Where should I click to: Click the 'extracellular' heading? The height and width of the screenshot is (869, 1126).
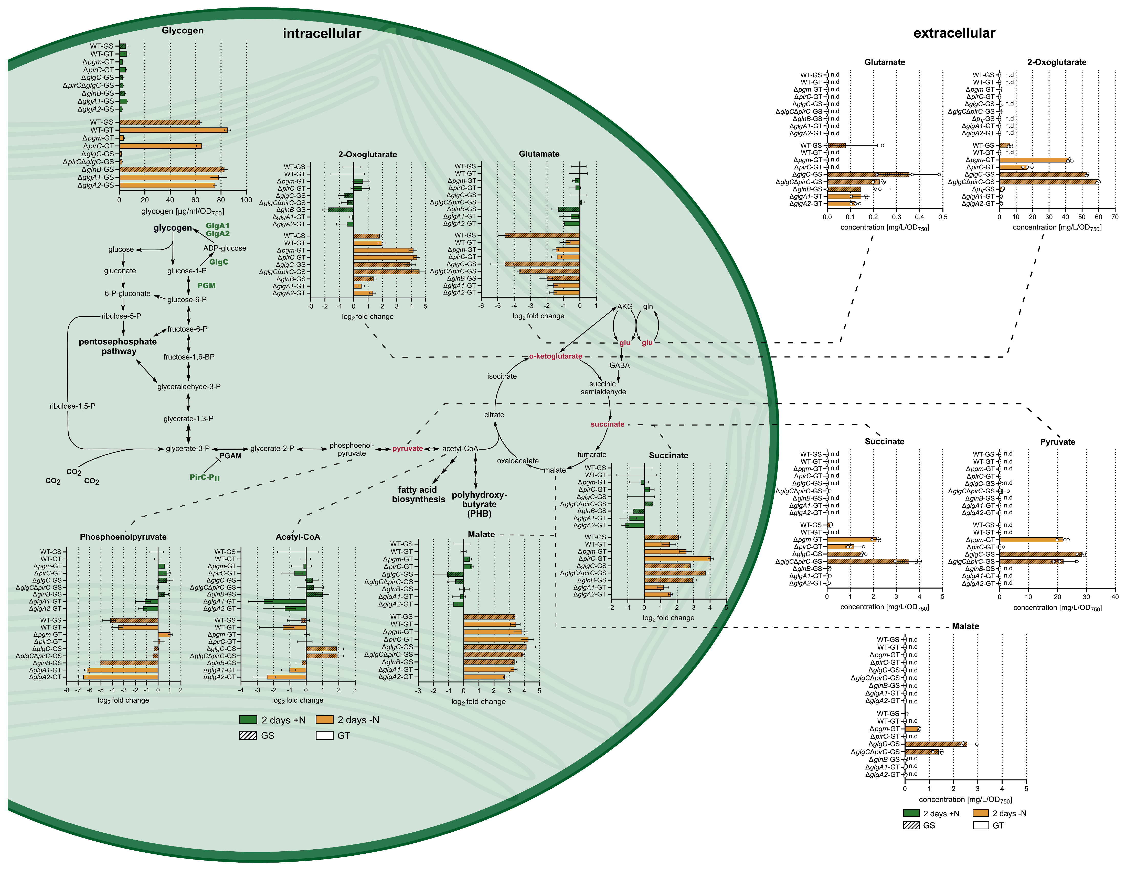(x=954, y=33)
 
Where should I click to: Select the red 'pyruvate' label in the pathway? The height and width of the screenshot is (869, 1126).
(x=407, y=448)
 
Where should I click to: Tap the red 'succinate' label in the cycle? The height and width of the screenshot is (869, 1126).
(x=607, y=424)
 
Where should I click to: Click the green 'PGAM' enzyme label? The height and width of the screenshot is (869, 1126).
(x=230, y=456)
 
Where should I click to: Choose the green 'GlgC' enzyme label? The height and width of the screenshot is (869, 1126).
(x=219, y=262)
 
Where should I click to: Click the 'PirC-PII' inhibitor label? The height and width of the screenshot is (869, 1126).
(x=205, y=477)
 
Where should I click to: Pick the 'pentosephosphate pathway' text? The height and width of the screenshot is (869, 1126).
(x=118, y=346)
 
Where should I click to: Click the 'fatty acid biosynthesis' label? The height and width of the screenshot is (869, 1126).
(x=418, y=494)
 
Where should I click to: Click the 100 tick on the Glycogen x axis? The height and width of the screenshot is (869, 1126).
(x=247, y=200)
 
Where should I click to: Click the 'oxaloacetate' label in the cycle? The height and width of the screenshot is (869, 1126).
(x=518, y=461)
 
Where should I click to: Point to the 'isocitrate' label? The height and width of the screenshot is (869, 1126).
(x=502, y=376)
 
